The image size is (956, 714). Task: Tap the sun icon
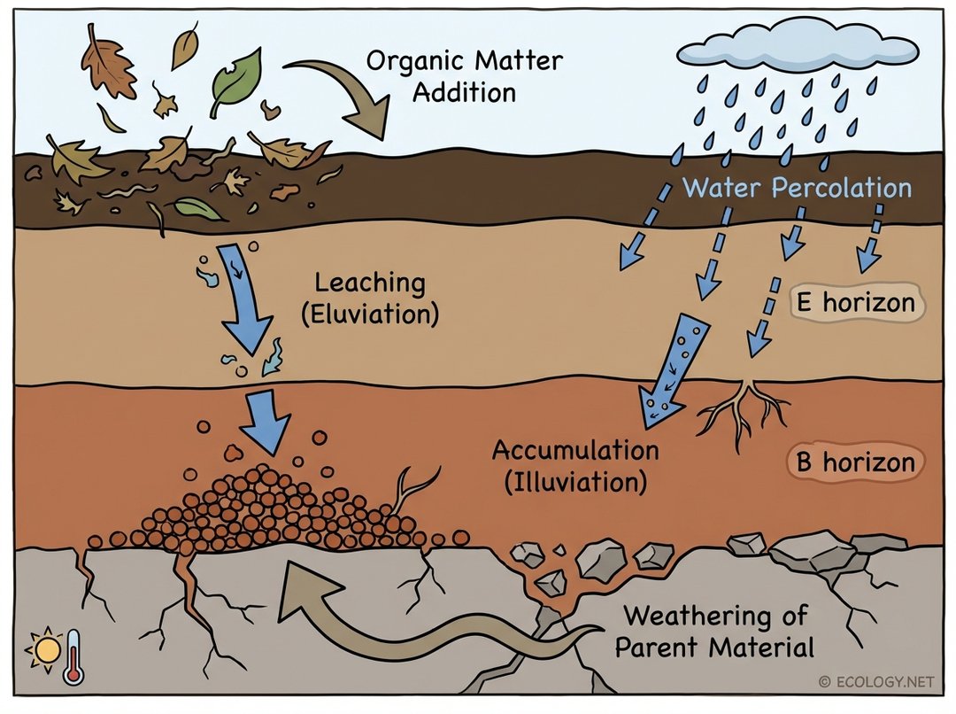click(44, 652)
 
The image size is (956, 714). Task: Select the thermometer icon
click(73, 656)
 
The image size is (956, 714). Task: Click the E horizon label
click(855, 303)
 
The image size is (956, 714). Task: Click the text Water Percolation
click(797, 188)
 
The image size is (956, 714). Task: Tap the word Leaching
click(370, 283)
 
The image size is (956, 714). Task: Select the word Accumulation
click(575, 450)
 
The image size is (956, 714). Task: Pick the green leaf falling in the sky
click(237, 80)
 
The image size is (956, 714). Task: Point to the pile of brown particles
click(274, 509)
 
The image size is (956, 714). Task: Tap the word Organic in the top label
click(417, 61)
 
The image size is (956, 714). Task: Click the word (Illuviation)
click(575, 483)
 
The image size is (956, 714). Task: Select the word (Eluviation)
click(370, 314)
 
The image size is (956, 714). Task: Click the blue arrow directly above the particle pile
click(266, 417)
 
